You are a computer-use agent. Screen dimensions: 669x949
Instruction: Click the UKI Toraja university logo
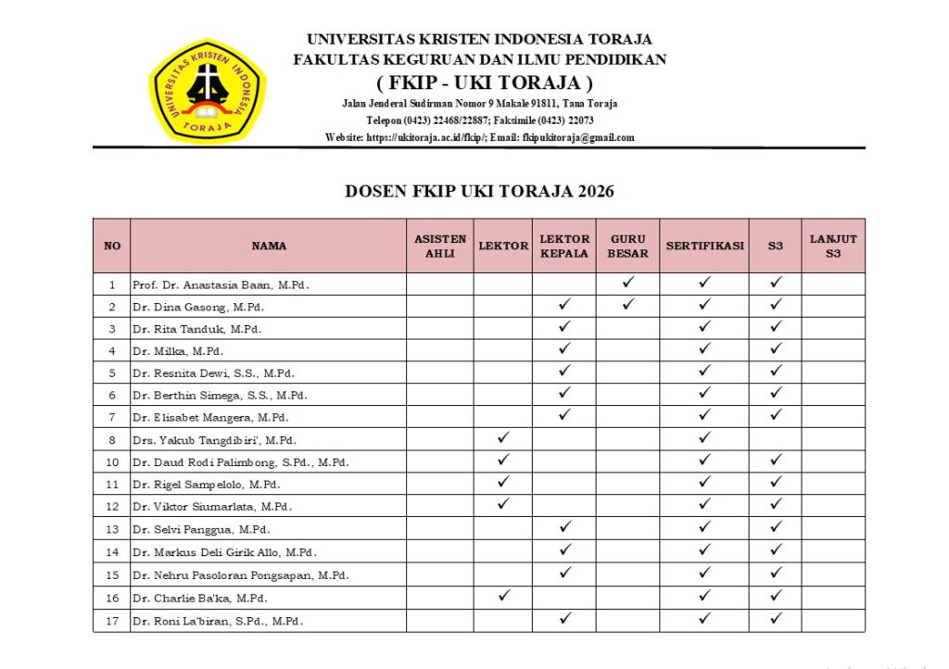coord(207,90)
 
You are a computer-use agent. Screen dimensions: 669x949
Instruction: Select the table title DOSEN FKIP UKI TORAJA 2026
coord(479,192)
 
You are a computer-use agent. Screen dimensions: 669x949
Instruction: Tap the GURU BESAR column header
coord(627,246)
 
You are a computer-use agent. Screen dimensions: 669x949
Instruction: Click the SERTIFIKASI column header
coord(704,246)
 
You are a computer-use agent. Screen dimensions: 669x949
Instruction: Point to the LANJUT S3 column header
coord(833,246)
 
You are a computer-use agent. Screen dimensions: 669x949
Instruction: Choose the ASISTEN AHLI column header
coord(440,246)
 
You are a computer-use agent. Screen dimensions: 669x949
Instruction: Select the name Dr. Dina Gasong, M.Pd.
coord(197,307)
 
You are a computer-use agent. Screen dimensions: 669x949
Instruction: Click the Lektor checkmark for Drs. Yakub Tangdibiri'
coord(503,437)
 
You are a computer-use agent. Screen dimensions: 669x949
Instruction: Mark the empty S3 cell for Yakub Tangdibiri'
coord(776,438)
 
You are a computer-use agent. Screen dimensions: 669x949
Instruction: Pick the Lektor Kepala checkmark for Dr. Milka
coord(564,349)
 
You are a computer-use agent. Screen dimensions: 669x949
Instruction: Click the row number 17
coord(112,621)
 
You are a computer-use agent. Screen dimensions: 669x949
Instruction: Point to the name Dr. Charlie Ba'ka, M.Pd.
coord(199,599)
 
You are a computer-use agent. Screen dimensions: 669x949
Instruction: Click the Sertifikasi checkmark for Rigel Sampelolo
coord(704,482)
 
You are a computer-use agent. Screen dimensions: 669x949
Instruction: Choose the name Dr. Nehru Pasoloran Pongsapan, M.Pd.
coord(240,576)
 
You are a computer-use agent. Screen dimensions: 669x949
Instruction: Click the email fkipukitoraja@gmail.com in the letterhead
coord(578,138)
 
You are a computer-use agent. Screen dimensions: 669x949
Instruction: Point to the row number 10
coord(112,461)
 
